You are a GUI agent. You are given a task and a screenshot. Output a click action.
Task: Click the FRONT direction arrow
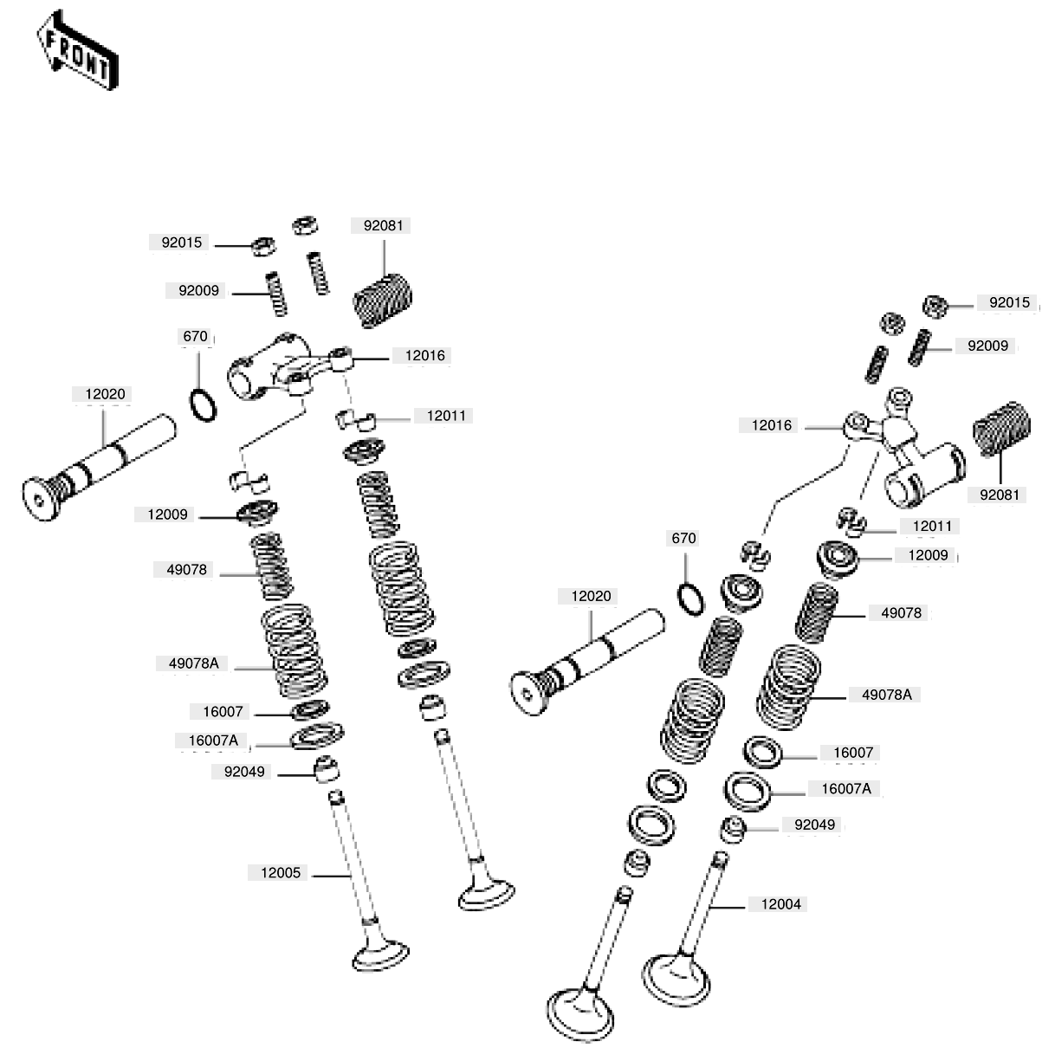point(77,50)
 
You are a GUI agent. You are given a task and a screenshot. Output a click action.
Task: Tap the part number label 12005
point(281,873)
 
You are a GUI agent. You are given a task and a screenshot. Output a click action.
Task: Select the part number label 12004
point(780,904)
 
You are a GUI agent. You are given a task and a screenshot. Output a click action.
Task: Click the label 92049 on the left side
point(244,772)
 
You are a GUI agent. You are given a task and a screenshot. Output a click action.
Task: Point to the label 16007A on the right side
point(846,788)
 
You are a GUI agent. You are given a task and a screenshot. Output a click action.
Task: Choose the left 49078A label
point(193,663)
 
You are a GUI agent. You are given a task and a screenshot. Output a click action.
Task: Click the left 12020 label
point(105,394)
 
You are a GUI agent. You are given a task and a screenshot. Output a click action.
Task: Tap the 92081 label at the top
point(383,225)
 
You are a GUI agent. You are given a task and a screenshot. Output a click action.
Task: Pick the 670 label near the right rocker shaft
point(683,538)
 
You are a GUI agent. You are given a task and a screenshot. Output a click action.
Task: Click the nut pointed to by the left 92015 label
point(263,246)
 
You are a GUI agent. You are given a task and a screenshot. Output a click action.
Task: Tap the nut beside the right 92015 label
point(935,306)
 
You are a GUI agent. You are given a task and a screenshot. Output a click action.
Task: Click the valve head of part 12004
point(676,980)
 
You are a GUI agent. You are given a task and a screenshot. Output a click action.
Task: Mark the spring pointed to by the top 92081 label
point(382,300)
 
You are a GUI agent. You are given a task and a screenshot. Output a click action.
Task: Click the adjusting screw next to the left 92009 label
point(276,294)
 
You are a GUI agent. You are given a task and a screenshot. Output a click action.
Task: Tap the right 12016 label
point(772,425)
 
